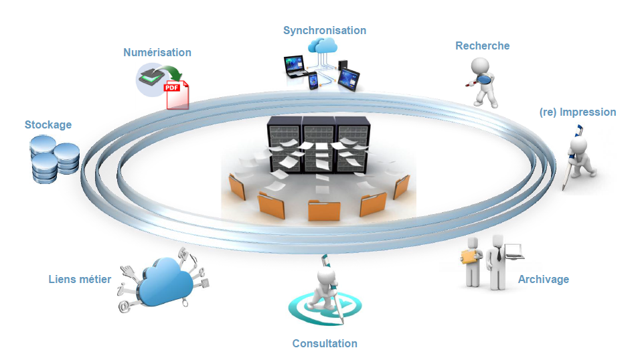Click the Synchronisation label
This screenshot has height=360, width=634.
[325, 30]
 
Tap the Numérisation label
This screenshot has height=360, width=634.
[157, 52]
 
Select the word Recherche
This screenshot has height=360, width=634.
[482, 46]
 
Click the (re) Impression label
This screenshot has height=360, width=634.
[577, 112]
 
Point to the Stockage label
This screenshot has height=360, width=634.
[48, 124]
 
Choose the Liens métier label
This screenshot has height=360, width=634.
[80, 279]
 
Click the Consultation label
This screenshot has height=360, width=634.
[325, 343]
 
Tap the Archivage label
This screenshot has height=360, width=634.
[543, 279]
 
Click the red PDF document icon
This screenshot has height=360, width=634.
[177, 94]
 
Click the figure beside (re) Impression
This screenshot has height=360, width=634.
[579, 157]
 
